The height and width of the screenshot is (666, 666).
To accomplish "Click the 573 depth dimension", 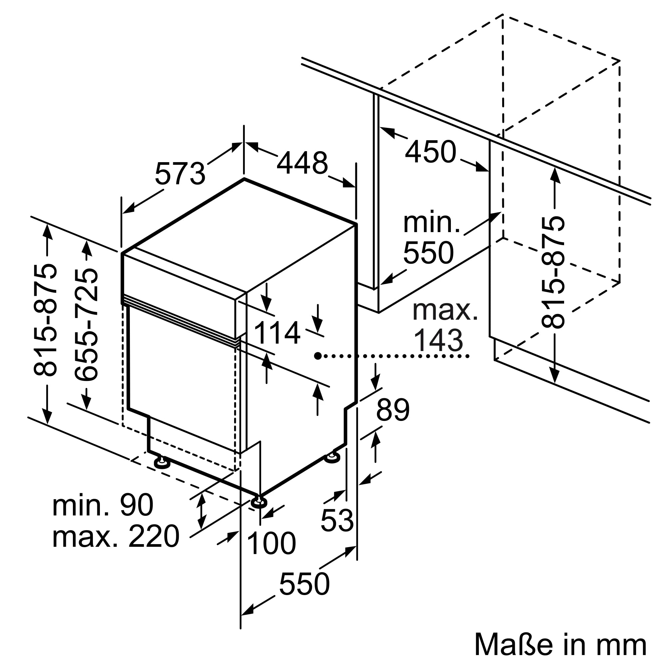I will (180, 174).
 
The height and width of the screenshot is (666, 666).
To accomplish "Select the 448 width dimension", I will (302, 163).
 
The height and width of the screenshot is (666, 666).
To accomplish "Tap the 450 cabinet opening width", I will (431, 152).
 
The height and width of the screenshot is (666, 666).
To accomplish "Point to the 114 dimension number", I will (277, 333).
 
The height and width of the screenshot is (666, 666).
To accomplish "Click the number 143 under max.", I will (438, 341).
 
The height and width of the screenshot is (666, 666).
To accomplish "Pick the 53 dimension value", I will (337, 520).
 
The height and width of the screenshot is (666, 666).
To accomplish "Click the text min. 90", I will (103, 505).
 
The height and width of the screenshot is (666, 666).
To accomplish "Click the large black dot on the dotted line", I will (318, 356).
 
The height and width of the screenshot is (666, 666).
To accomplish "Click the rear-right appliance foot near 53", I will (333, 457).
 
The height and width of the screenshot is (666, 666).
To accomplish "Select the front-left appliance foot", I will (161, 463).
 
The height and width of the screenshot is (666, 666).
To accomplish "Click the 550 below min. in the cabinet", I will (429, 253).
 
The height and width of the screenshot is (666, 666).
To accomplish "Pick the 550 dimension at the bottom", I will (304, 584).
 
